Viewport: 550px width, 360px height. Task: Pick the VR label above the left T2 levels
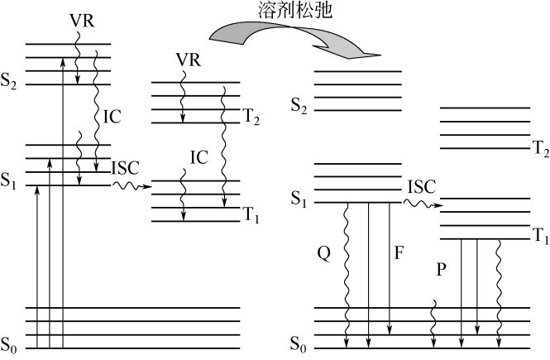[189, 60]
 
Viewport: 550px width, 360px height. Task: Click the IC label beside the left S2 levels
[112, 117]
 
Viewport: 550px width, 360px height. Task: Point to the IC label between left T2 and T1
[198, 156]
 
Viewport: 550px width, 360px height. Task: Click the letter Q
[324, 255]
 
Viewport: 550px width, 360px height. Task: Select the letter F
[399, 254]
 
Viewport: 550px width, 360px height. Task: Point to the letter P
[441, 271]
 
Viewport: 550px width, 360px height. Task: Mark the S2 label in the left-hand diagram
[12, 85]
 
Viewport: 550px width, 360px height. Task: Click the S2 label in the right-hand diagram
[299, 107]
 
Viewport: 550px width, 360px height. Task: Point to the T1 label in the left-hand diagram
[251, 218]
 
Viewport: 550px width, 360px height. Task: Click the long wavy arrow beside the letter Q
[347, 273]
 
